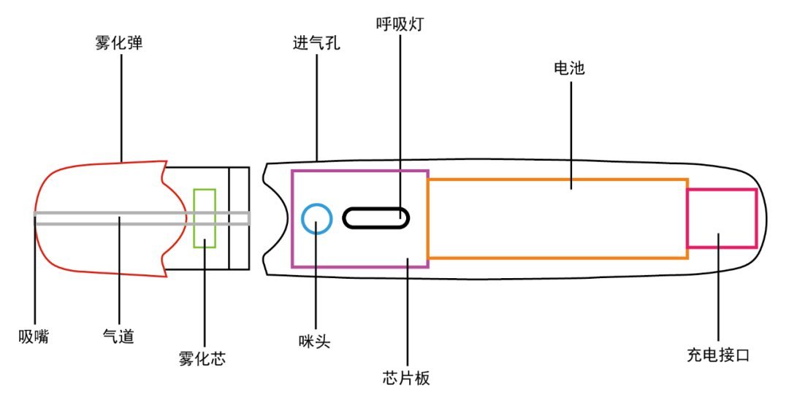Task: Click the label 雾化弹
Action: (119, 43)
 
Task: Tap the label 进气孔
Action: (316, 43)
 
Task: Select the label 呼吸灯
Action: (400, 24)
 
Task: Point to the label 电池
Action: (569, 68)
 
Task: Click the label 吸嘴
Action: (34, 336)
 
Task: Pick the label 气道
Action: (119, 336)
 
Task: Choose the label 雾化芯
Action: (202, 358)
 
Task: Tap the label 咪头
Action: (314, 342)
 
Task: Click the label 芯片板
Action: (406, 378)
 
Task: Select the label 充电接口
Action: (718, 355)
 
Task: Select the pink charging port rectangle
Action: (757, 218)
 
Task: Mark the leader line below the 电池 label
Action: (571, 136)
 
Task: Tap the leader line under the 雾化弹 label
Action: (121, 108)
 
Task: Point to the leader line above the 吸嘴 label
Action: (35, 269)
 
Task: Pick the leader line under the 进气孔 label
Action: (317, 107)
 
